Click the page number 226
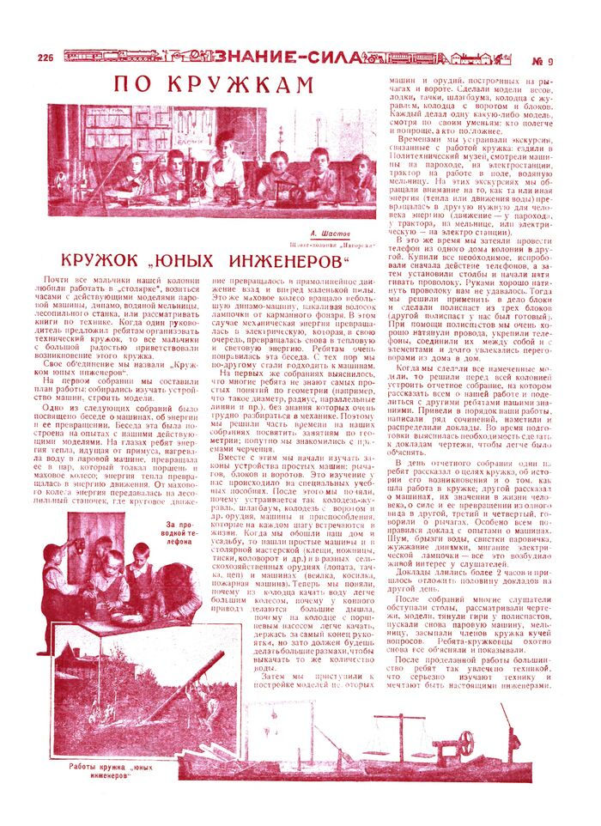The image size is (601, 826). pyautogui.click(x=46, y=58)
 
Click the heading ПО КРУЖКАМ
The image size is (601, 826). pyautogui.click(x=215, y=85)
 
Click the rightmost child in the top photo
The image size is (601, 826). pyautogui.click(x=361, y=172)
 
